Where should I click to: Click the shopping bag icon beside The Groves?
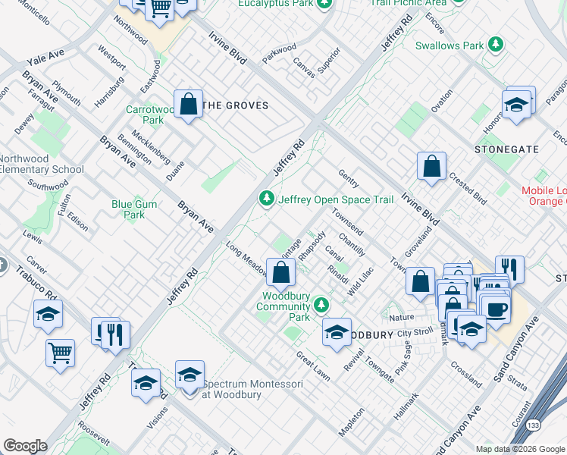(x=188, y=104)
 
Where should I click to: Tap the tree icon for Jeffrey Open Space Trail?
(x=266, y=199)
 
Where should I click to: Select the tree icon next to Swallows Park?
(x=497, y=45)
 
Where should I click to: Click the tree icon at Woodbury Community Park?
(x=322, y=304)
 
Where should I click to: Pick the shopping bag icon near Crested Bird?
(x=431, y=166)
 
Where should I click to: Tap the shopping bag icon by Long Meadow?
(x=280, y=271)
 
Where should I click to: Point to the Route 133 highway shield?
(x=535, y=426)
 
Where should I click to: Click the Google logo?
(x=25, y=446)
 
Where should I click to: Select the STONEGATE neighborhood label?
(x=506, y=150)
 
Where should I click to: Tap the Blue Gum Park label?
(x=133, y=209)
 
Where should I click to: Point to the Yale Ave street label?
(x=45, y=56)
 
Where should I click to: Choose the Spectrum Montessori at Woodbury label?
(x=253, y=390)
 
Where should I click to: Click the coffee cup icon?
(x=496, y=309)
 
